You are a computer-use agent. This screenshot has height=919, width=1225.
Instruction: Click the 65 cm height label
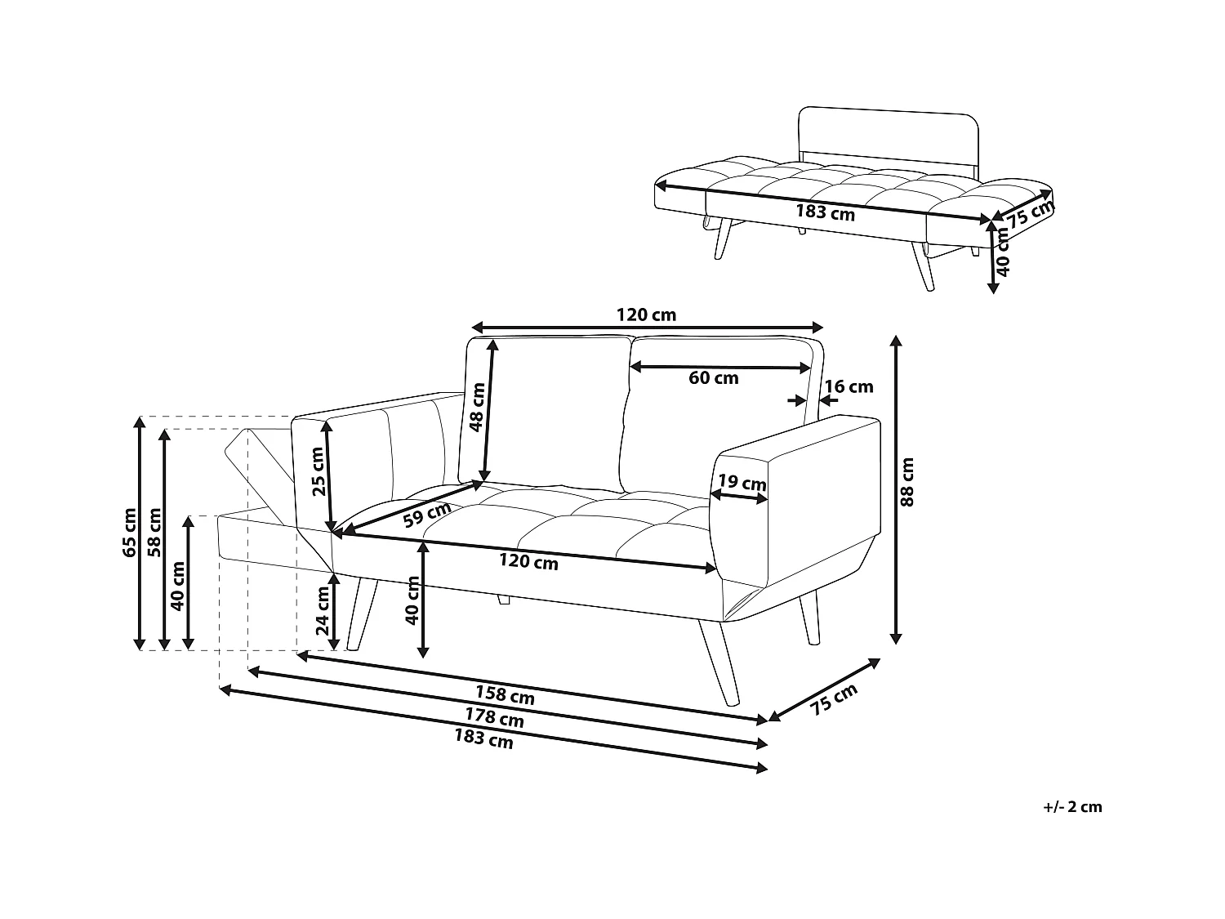pos(129,533)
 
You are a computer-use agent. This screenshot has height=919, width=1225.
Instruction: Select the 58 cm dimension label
pos(154,533)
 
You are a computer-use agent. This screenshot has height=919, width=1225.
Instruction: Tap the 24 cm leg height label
pos(323,612)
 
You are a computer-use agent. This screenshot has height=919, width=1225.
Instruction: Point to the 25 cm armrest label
pos(318,472)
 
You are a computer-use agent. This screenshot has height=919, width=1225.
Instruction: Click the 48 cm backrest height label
pos(478,406)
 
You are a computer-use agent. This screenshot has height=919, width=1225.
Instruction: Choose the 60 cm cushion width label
pos(713,378)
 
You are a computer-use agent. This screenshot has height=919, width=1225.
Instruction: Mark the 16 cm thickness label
pos(849,387)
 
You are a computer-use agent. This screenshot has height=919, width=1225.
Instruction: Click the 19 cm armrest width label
pos(742,483)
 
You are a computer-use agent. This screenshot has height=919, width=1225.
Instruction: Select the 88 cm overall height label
pos(907,482)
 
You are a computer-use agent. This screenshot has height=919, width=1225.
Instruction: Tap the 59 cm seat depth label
pos(427,515)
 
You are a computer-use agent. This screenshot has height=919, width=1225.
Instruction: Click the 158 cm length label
pos(505,696)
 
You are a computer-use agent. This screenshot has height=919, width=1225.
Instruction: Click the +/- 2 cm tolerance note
pos(1072,807)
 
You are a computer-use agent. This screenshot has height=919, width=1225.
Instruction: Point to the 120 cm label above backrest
pos(645,315)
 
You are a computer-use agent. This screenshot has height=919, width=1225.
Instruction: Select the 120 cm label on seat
pos(528,562)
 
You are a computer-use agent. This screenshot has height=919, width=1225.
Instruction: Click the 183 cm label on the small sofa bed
pos(825,213)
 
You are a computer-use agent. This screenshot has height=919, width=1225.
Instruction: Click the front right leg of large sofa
pos(719,662)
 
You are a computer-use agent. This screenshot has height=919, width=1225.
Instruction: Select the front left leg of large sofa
pos(362,614)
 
